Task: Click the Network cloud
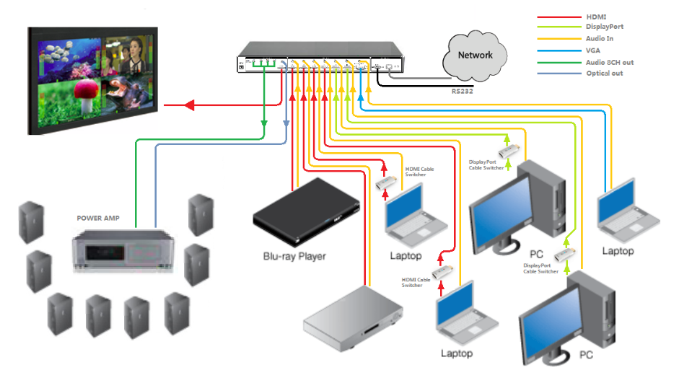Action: (x=474, y=55)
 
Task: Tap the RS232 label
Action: (x=463, y=92)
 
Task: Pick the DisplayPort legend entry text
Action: (x=605, y=27)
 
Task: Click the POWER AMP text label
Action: (x=98, y=217)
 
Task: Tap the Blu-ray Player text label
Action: (x=294, y=256)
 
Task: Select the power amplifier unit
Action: (x=123, y=248)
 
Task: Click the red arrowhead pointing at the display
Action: (x=190, y=106)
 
